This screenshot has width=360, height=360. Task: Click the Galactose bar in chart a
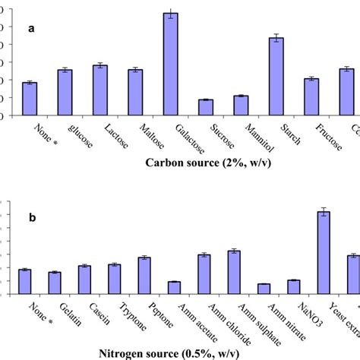171,65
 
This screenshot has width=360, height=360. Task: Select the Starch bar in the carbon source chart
276,77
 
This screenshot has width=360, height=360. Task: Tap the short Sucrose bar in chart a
206,108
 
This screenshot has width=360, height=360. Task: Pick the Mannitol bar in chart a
241,106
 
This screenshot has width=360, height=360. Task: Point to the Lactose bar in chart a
100,90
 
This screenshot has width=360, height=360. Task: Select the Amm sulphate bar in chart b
234,272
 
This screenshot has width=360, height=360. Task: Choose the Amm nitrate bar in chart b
264,289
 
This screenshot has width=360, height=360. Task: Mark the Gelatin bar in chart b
55,283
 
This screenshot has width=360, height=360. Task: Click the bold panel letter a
31,29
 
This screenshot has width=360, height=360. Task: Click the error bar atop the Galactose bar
171,14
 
